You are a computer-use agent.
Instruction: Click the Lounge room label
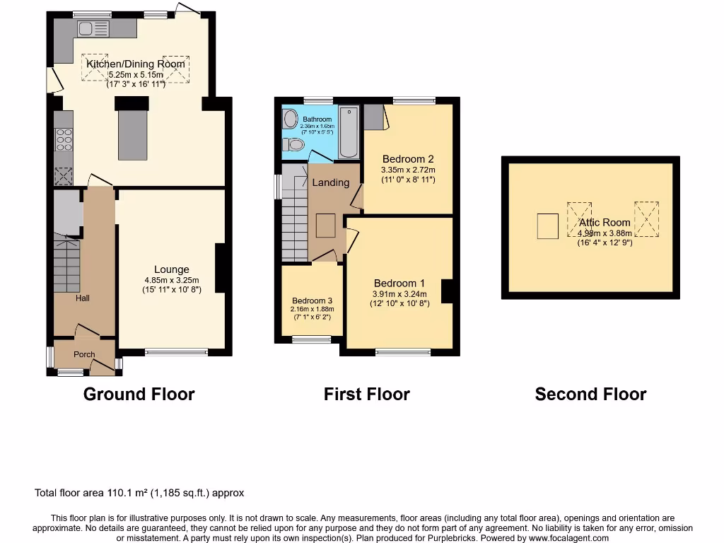[172, 269]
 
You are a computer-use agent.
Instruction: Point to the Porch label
[84, 354]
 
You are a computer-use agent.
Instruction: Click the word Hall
[83, 298]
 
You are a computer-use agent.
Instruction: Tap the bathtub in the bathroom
[349, 132]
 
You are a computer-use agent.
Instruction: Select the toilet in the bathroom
[293, 145]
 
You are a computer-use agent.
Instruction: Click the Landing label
[331, 182]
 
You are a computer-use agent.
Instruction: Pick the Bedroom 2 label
[407, 158]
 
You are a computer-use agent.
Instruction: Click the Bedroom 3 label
[311, 300]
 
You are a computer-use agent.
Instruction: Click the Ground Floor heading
[139, 394]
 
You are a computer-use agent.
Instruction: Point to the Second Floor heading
[590, 394]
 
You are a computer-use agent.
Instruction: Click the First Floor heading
[366, 394]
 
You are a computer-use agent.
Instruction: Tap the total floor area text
[139, 493]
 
